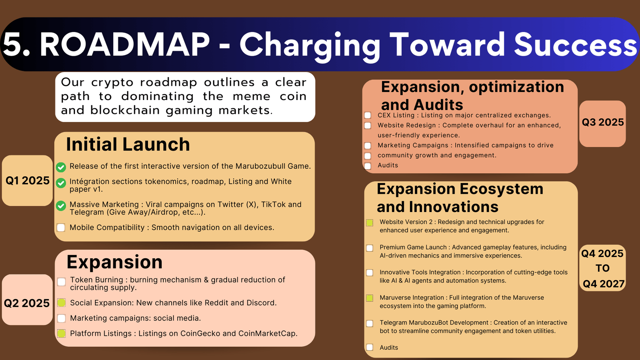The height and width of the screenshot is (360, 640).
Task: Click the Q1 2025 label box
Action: [27, 180]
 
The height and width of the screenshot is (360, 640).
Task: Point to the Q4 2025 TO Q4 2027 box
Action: [602, 268]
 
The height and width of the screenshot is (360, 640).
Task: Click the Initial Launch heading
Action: [128, 145]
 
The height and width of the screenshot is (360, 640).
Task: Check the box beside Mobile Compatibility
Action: [61, 227]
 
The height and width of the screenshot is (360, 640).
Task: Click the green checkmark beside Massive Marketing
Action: [61, 206]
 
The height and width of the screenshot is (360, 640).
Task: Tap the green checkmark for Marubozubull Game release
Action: [61, 167]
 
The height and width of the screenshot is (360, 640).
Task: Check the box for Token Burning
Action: [62, 282]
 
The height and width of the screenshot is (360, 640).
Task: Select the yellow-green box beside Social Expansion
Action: [62, 302]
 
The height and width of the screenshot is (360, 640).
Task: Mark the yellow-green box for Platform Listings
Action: [62, 333]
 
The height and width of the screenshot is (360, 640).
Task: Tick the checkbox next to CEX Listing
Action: [367, 115]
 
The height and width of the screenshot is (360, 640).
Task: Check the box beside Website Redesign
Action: [367, 125]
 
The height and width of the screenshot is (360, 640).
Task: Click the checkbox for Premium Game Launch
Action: [370, 248]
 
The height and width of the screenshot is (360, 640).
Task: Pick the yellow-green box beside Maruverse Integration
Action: [370, 298]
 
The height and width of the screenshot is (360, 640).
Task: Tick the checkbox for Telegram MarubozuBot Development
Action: [370, 323]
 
